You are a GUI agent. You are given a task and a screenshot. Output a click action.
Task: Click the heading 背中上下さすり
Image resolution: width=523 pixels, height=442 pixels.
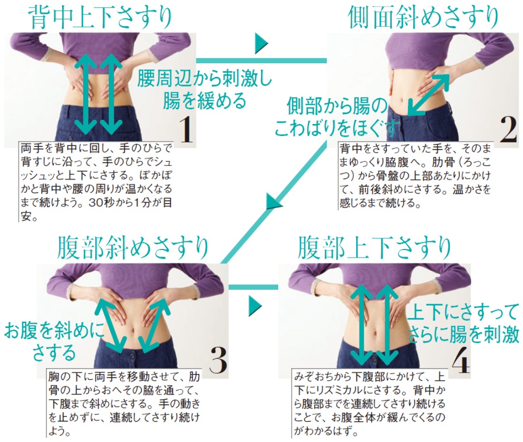[100, 17]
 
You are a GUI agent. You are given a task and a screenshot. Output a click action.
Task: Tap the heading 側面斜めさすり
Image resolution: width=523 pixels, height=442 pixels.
[423, 17]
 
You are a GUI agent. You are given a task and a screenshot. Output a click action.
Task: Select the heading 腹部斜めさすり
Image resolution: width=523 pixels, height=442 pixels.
[133, 247]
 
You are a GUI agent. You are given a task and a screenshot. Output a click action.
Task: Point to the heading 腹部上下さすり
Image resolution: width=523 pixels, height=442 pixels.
[374, 247]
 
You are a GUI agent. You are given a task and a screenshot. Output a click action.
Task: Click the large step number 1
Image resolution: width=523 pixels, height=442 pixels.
[185, 130]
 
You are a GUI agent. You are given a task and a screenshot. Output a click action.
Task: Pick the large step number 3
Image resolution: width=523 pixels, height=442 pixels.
[219, 360]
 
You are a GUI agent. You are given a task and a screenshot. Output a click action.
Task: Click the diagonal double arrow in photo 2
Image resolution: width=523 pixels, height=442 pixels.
[428, 94]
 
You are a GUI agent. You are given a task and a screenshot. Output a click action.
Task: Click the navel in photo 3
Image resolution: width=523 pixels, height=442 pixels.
[134, 330]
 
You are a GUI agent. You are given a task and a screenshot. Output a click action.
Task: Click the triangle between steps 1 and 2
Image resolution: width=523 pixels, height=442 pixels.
[261, 43]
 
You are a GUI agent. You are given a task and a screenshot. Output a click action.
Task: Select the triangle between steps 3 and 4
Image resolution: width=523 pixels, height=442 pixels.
[255, 306]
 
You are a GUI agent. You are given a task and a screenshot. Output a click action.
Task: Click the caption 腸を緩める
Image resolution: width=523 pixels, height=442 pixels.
[204, 101]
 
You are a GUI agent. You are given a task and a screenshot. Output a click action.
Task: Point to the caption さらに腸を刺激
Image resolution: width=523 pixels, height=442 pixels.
[464, 334]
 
